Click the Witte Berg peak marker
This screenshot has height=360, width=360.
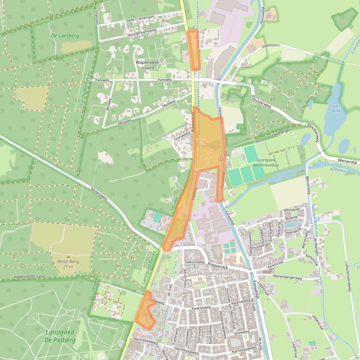(x=68, y=256)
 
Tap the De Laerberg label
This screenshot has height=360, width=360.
(x=65, y=36)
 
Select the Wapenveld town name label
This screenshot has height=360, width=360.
(x=212, y=272)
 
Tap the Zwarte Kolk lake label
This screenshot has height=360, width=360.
(x=336, y=108)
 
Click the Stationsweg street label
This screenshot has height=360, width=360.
(x=195, y=262)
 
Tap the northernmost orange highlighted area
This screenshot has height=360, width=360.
(x=193, y=49)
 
